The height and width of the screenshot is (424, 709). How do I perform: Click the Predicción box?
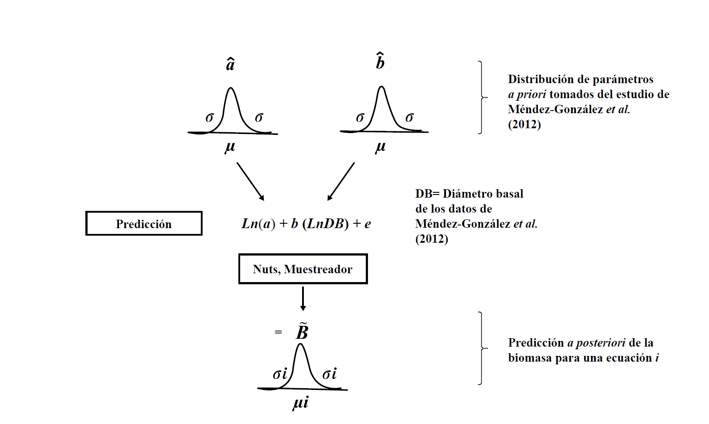click(144, 224)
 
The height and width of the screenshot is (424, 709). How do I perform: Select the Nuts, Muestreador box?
click(303, 269)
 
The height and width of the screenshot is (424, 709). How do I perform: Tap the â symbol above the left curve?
click(230, 65)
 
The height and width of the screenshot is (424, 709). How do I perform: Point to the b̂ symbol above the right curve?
click(380, 61)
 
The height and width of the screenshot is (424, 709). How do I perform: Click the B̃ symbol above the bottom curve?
click(302, 332)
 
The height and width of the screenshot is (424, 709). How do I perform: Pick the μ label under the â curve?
click(230, 147)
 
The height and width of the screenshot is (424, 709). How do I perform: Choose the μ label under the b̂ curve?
click(380, 147)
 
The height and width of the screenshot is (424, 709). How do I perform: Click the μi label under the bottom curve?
click(300, 402)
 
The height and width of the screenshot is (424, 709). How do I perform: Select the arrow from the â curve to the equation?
click(250, 181)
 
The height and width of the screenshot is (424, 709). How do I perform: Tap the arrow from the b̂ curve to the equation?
click(341, 181)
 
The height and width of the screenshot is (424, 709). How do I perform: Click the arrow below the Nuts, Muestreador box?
click(303, 298)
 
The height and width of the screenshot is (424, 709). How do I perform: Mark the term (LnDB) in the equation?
click(326, 224)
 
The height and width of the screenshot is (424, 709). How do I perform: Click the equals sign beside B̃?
click(278, 332)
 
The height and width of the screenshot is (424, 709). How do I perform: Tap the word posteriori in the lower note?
click(601, 343)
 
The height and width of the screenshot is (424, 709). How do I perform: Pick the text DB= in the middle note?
click(427, 194)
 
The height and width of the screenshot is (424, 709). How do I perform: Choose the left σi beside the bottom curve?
click(280, 374)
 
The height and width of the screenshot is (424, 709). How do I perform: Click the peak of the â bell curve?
click(230, 88)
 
